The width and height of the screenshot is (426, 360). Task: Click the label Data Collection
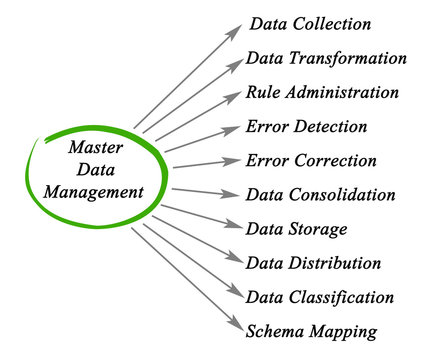(310, 23)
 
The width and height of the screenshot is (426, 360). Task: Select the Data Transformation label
(325, 58)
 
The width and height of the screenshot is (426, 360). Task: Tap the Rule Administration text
(321, 92)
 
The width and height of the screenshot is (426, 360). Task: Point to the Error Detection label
(305, 126)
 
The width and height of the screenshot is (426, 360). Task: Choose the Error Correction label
(310, 160)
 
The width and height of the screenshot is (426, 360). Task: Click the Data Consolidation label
(320, 194)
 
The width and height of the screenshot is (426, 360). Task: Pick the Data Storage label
(297, 228)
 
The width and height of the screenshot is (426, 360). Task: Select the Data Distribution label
(313, 263)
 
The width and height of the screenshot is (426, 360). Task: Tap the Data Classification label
(319, 297)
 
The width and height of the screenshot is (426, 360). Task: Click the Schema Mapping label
(297, 331)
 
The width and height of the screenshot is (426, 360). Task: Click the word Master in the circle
(94, 146)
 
